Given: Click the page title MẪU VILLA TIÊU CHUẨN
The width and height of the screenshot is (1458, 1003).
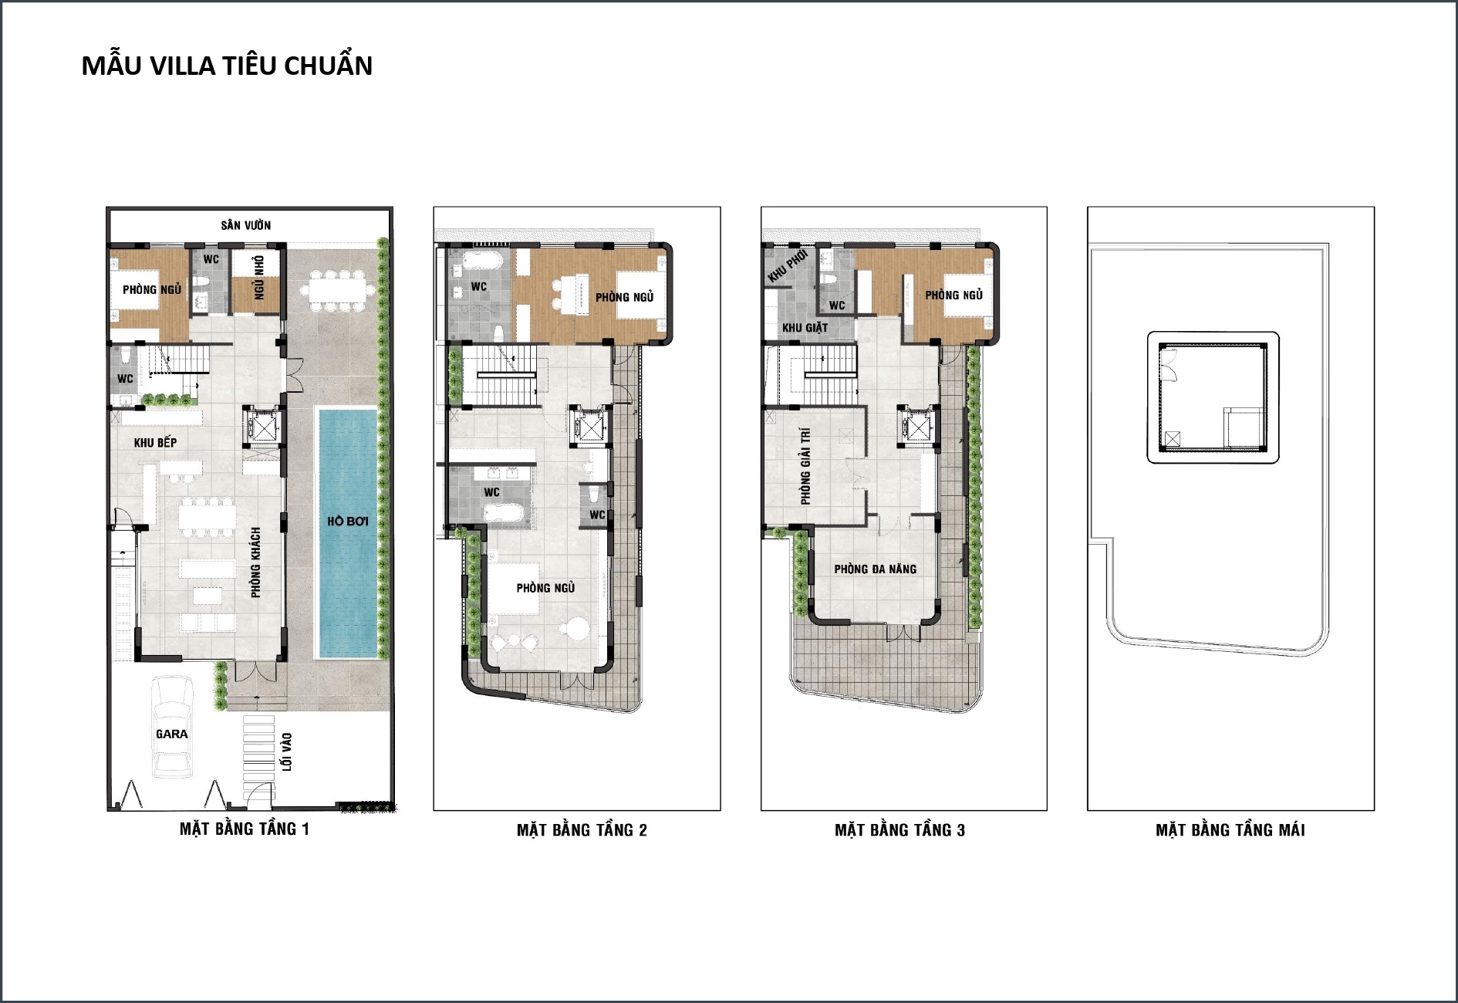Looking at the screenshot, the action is point(227,66).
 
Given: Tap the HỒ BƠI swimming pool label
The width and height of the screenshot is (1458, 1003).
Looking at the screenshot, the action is point(347,522).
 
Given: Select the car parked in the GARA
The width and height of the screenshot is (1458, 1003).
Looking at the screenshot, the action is point(172,726).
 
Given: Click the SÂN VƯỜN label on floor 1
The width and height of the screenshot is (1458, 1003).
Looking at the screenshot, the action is point(246,225).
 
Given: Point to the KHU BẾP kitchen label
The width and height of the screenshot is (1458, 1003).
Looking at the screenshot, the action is point(155,443).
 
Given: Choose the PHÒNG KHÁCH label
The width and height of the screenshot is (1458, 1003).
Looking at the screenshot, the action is point(256,562).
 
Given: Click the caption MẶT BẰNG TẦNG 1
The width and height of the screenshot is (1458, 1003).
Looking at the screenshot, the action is point(245,829).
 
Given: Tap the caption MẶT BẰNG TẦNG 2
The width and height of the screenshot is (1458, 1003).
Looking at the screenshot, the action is point(582,830).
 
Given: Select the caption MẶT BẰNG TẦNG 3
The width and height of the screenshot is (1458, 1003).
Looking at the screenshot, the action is point(899,830).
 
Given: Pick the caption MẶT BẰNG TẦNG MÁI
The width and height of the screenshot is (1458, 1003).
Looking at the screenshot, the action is point(1230,830).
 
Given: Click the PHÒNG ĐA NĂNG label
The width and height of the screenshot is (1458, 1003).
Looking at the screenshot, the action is point(876,569).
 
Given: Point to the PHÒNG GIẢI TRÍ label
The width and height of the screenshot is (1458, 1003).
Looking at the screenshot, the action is point(806,467).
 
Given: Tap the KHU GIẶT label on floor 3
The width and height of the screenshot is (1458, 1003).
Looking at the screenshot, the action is point(805,328).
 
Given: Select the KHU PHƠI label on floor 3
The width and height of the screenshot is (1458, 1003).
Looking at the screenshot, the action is point(788,265).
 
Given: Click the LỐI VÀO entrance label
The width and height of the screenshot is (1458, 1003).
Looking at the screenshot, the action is point(287,751).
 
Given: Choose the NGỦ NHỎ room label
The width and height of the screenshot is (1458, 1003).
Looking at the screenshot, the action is point(259,278).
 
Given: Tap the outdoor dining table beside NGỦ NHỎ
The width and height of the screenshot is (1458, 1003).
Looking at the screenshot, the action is point(337,290).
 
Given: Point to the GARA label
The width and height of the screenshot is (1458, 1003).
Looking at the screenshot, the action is point(172,735).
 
